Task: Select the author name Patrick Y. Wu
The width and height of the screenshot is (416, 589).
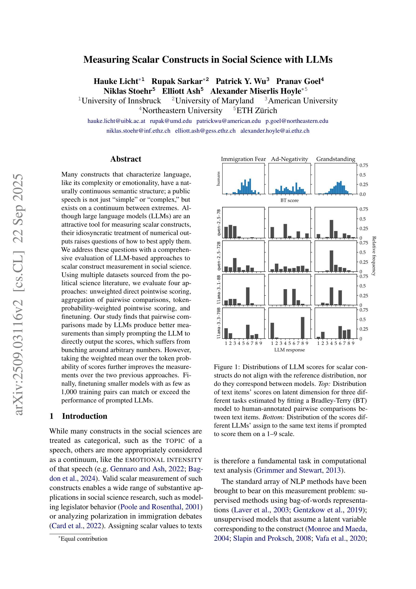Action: (242, 81)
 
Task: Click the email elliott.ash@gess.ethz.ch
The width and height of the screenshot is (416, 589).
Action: (205, 131)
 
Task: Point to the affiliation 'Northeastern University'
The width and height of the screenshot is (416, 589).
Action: (182, 111)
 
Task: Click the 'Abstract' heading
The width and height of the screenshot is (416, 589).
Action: (126, 159)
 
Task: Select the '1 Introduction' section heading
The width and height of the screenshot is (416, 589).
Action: (78, 416)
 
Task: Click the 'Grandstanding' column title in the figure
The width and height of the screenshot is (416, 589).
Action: (335, 159)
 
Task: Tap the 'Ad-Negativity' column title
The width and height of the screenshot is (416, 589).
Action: (289, 159)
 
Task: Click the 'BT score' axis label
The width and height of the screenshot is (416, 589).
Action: (289, 200)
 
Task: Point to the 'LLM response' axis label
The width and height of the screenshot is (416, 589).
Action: (289, 350)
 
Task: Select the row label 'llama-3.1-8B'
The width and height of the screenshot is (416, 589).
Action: (219, 290)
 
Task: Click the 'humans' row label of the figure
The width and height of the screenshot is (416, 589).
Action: (218, 179)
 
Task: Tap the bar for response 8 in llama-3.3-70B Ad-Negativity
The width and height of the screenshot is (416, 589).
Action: (303, 328)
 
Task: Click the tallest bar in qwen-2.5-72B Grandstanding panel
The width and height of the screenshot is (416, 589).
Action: (331, 261)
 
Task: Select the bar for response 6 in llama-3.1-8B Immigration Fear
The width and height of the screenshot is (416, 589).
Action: (248, 296)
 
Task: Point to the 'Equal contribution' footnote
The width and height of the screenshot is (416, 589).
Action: (84, 539)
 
